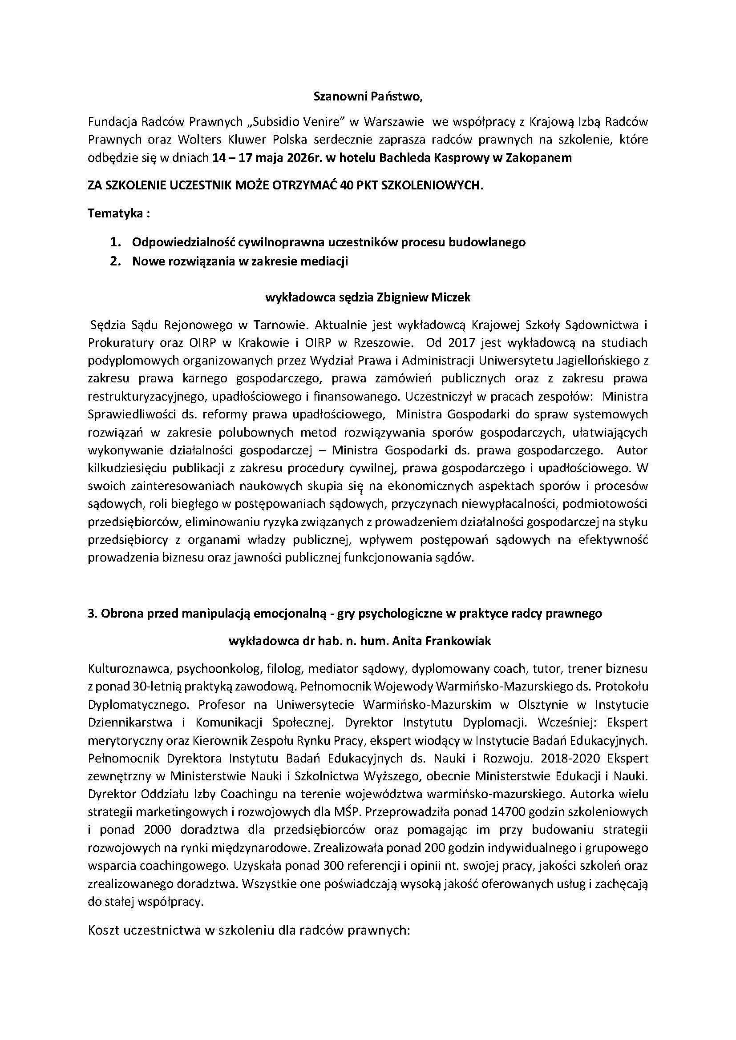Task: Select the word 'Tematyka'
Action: point(115,213)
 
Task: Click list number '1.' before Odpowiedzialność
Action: point(116,242)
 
